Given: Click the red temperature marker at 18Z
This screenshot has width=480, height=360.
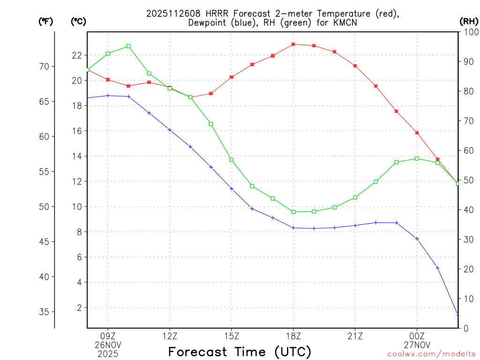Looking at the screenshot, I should coord(293,45).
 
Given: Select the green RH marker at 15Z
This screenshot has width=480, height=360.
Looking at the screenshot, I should coord(232,160).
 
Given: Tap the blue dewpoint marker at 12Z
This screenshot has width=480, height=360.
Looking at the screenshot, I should coord(170,130).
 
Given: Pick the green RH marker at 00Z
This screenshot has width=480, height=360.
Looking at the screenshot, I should coord(417,158).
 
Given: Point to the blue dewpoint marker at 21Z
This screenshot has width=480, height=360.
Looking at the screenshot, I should coord(355,225).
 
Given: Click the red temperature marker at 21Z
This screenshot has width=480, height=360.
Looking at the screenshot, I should coord(355,66).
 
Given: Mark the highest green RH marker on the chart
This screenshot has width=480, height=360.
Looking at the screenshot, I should coord(128,46).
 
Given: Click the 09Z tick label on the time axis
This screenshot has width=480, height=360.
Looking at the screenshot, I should coord(108,336).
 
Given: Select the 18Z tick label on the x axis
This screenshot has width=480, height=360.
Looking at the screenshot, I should coord(293,336).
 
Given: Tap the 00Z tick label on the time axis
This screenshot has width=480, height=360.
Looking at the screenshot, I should coord(417,336).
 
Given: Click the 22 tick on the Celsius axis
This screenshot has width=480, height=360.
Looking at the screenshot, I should coord(77,55).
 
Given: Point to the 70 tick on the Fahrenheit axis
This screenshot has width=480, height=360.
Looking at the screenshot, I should coord(44,67).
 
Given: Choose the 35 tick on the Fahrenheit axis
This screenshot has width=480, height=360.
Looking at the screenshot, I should coord(44,312).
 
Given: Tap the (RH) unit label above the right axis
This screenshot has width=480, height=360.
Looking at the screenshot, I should coord(468,21).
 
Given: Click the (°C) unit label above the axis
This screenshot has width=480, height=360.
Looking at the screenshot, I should coord(78,21).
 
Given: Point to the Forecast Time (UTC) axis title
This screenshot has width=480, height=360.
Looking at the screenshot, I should coord(240,352).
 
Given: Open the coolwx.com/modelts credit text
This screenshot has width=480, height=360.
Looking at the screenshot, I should coord(431,354).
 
